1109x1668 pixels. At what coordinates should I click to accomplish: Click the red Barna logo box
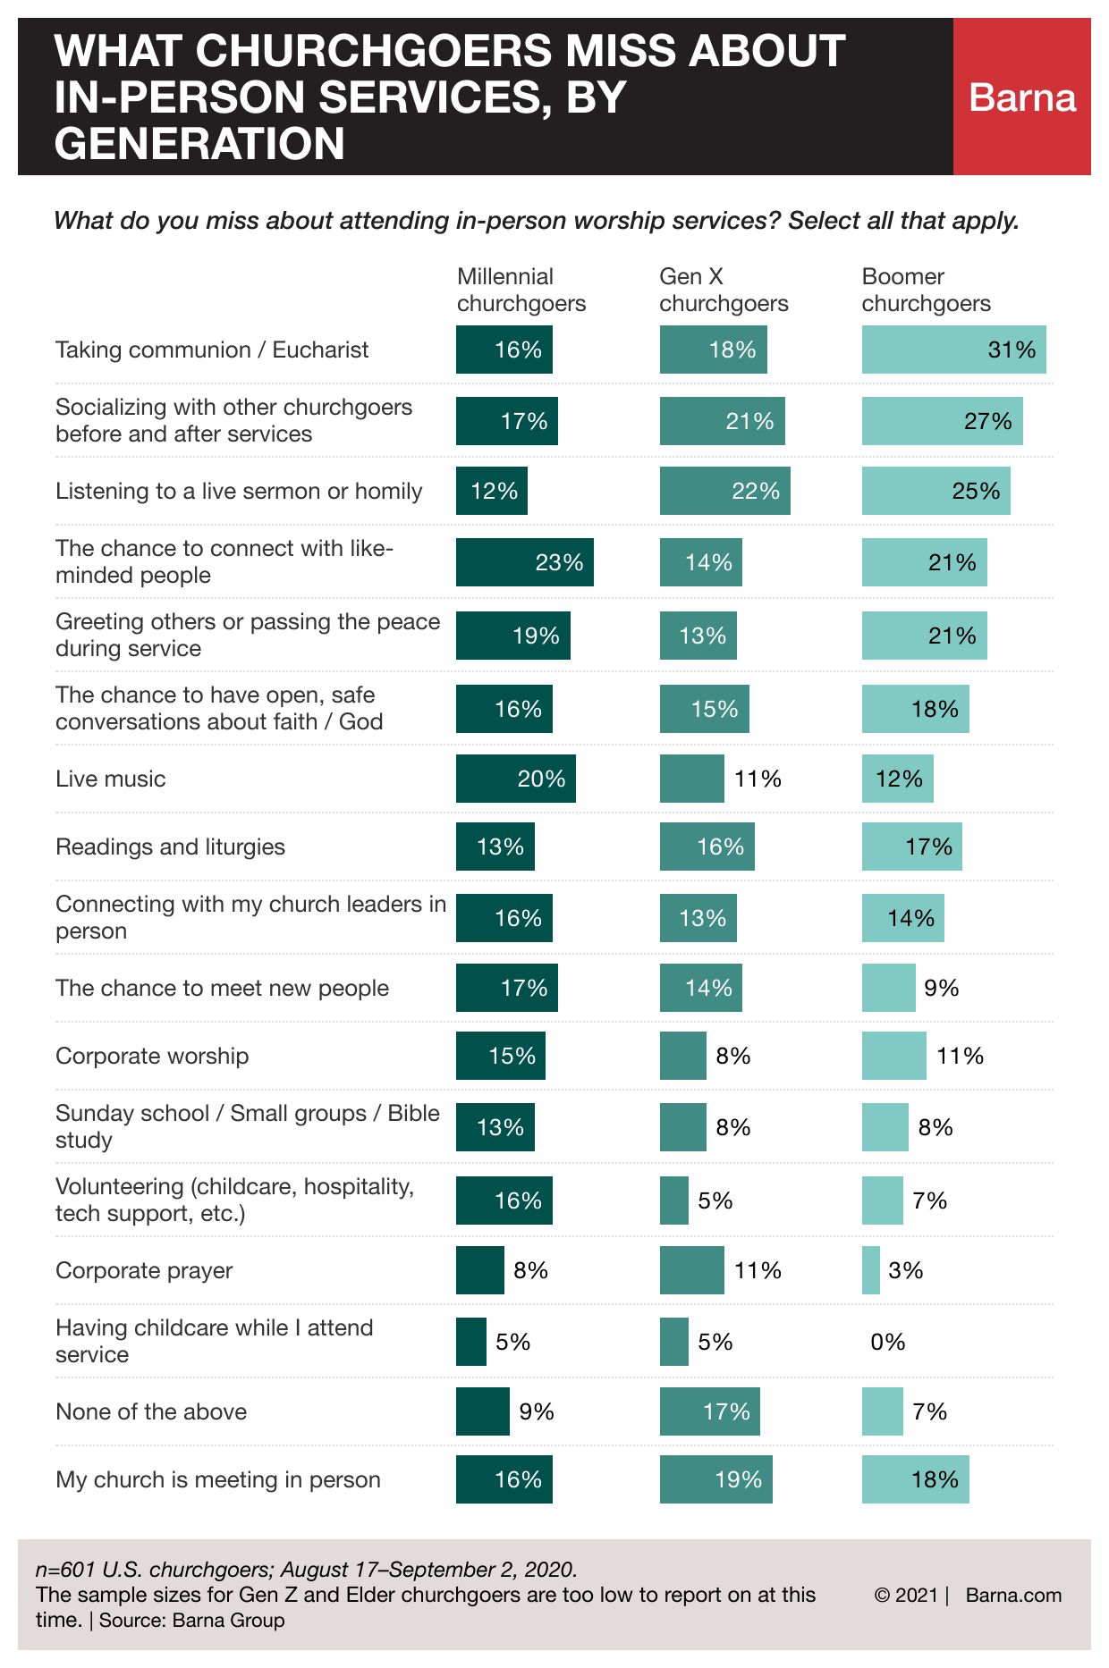[x=1021, y=97]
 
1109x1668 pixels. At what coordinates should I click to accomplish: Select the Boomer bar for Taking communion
[x=953, y=350]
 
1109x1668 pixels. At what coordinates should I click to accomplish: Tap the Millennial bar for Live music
[x=516, y=779]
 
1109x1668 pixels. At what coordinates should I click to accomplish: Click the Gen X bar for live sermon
[x=724, y=491]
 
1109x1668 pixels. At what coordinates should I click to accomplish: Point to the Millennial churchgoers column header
[x=521, y=290]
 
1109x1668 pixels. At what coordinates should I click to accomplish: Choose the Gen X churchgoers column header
[x=724, y=290]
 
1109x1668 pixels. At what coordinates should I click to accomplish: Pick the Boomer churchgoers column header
[x=926, y=290]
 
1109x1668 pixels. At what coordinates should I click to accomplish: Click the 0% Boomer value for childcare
[x=888, y=1342]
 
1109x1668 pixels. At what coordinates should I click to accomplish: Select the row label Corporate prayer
[x=144, y=1270]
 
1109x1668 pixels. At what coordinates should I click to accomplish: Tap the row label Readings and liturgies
[x=170, y=847]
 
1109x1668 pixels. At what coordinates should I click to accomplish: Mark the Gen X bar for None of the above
[x=710, y=1411]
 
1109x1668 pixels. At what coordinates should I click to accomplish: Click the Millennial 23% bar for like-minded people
[x=525, y=562]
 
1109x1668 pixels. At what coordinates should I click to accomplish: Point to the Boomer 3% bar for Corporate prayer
[x=871, y=1270]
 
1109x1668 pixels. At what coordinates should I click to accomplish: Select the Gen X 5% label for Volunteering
[x=715, y=1200]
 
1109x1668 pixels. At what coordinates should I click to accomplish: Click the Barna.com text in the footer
[x=1013, y=1596]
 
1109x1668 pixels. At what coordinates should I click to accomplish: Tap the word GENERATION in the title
[x=199, y=144]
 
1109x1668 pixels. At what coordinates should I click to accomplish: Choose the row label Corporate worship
[x=152, y=1056]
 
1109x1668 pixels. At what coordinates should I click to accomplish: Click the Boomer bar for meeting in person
[x=915, y=1479]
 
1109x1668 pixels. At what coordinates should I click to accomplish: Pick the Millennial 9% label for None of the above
[x=537, y=1411]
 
